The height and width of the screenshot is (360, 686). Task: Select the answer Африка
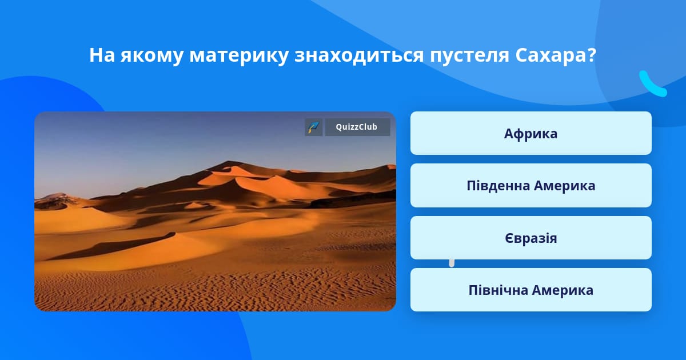coord(531,133)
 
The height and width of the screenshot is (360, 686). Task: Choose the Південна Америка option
coord(531,186)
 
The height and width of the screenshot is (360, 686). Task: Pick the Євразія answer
coord(531,238)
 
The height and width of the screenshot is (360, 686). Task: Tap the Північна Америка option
coord(531,290)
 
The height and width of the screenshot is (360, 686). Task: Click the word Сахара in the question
coord(551,55)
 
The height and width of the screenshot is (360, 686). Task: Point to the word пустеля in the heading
coord(469,57)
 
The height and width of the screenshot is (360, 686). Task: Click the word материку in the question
coord(239,57)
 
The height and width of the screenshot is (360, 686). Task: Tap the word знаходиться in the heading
coord(359,57)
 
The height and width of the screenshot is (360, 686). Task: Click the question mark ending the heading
coord(591,55)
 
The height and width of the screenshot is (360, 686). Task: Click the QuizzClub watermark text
coord(357,127)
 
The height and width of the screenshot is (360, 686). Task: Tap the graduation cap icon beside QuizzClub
coord(314,127)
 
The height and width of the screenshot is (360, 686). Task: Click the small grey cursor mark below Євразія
coord(452,263)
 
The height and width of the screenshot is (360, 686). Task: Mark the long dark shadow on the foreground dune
coord(117,246)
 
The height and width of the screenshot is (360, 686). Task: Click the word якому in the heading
coord(152,57)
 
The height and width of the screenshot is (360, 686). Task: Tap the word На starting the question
coord(102,55)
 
